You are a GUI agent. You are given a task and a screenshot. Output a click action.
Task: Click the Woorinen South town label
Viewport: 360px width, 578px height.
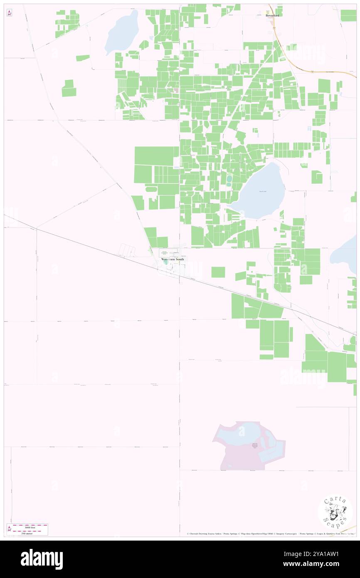coord(173,259)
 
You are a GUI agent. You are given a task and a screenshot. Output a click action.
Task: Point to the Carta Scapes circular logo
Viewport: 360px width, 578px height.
coord(335,513)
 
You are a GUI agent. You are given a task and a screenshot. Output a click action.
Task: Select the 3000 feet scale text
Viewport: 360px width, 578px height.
coord(29,527)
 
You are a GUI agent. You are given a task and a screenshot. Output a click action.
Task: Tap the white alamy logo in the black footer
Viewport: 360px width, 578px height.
coord(42,559)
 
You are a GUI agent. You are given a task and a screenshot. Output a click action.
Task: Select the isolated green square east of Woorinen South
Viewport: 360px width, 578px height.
coord(218,272)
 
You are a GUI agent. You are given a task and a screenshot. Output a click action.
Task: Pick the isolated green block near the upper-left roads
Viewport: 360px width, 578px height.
coord(69,88)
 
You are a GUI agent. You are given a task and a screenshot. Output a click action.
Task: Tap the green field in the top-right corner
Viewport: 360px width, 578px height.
coord(348,15)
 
